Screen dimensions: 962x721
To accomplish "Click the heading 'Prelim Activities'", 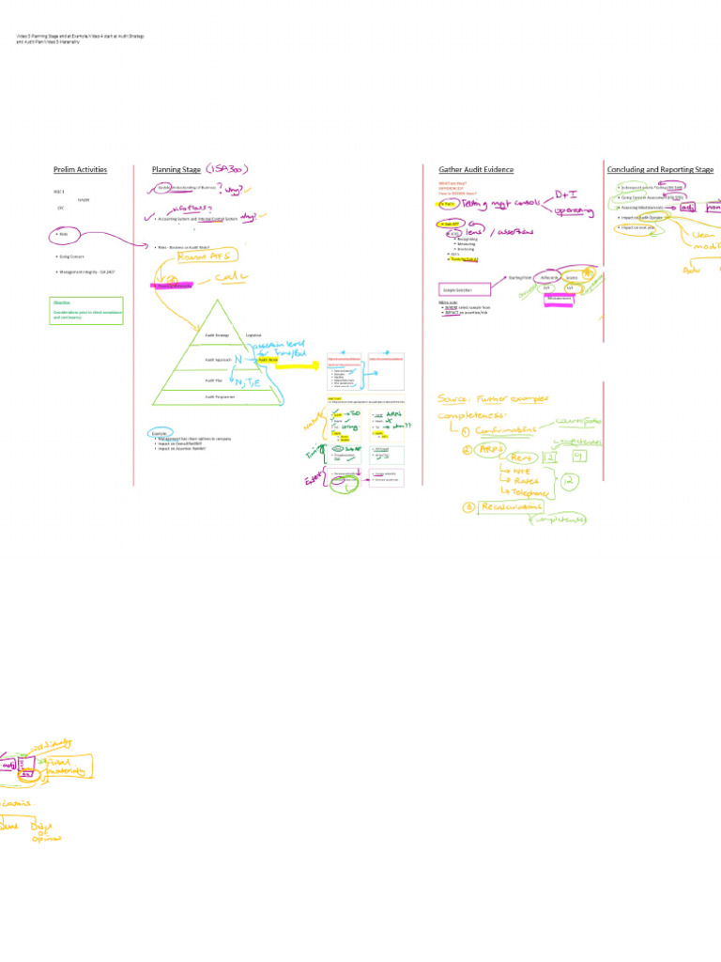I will click(80, 170).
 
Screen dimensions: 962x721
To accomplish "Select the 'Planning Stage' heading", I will click(176, 170).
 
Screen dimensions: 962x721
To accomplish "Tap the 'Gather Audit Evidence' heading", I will click(476, 170).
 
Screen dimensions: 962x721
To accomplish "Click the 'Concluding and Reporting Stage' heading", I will click(660, 170).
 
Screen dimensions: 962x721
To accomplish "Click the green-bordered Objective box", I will click(86, 311).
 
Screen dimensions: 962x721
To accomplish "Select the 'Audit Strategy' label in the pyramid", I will click(217, 334).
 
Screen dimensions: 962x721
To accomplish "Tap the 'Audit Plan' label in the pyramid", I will click(213, 380).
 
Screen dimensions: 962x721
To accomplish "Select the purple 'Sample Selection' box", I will click(466, 291).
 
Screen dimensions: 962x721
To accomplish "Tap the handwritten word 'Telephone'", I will click(539, 491).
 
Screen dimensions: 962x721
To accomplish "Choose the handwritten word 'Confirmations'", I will click(510, 431).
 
